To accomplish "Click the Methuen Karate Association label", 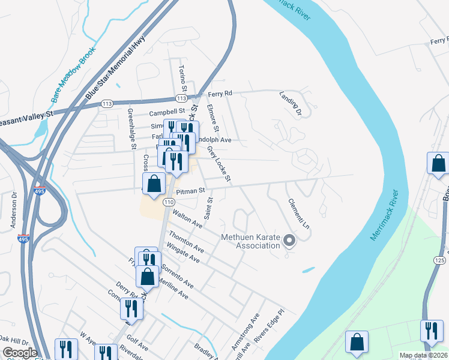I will pos(250,241).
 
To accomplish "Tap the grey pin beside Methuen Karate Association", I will pos(289,241).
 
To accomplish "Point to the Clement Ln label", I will pos(298,214).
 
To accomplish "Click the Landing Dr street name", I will pos(290,103).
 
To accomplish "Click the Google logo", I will pos(19,353).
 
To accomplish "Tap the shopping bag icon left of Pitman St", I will pos(154,184).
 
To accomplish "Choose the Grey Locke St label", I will pos(219,163).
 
